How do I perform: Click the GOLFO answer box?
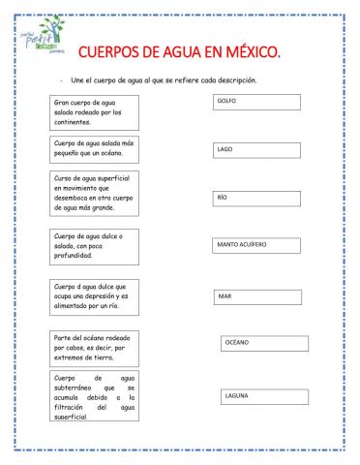(x=255, y=102)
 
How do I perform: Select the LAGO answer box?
(x=255, y=150)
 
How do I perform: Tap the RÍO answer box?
(x=255, y=198)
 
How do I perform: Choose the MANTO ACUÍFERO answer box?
(x=255, y=245)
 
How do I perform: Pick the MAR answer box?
(x=255, y=296)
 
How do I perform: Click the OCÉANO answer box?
(x=260, y=343)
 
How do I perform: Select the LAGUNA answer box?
(x=260, y=396)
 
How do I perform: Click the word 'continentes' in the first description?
(x=75, y=123)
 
